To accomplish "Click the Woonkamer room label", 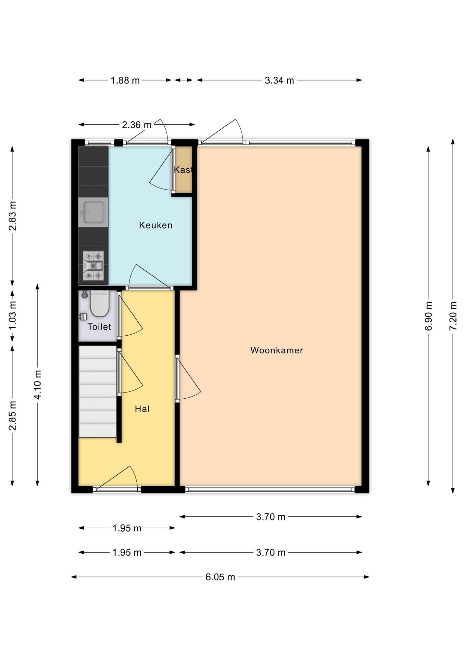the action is [277, 350].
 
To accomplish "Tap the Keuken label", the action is [155, 225].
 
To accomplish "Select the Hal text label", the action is [142, 409].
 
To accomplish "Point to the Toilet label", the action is [99, 327].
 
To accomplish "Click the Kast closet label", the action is [183, 169].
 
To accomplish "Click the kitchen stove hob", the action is [93, 266].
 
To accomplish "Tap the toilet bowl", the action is [99, 304].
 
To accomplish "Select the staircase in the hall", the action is [98, 391].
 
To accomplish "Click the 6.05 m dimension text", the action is [220, 577].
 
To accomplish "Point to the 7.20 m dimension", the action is [453, 316].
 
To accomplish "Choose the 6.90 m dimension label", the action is [428, 316].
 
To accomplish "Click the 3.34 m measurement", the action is [279, 80].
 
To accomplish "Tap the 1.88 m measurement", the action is [125, 80].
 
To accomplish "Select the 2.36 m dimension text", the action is [137, 125].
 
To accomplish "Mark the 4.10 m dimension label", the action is [38, 385].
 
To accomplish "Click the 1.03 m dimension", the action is [12, 315].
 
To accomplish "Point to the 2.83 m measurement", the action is [12, 216].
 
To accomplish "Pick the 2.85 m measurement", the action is [12, 415].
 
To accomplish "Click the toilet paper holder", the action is [83, 317].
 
